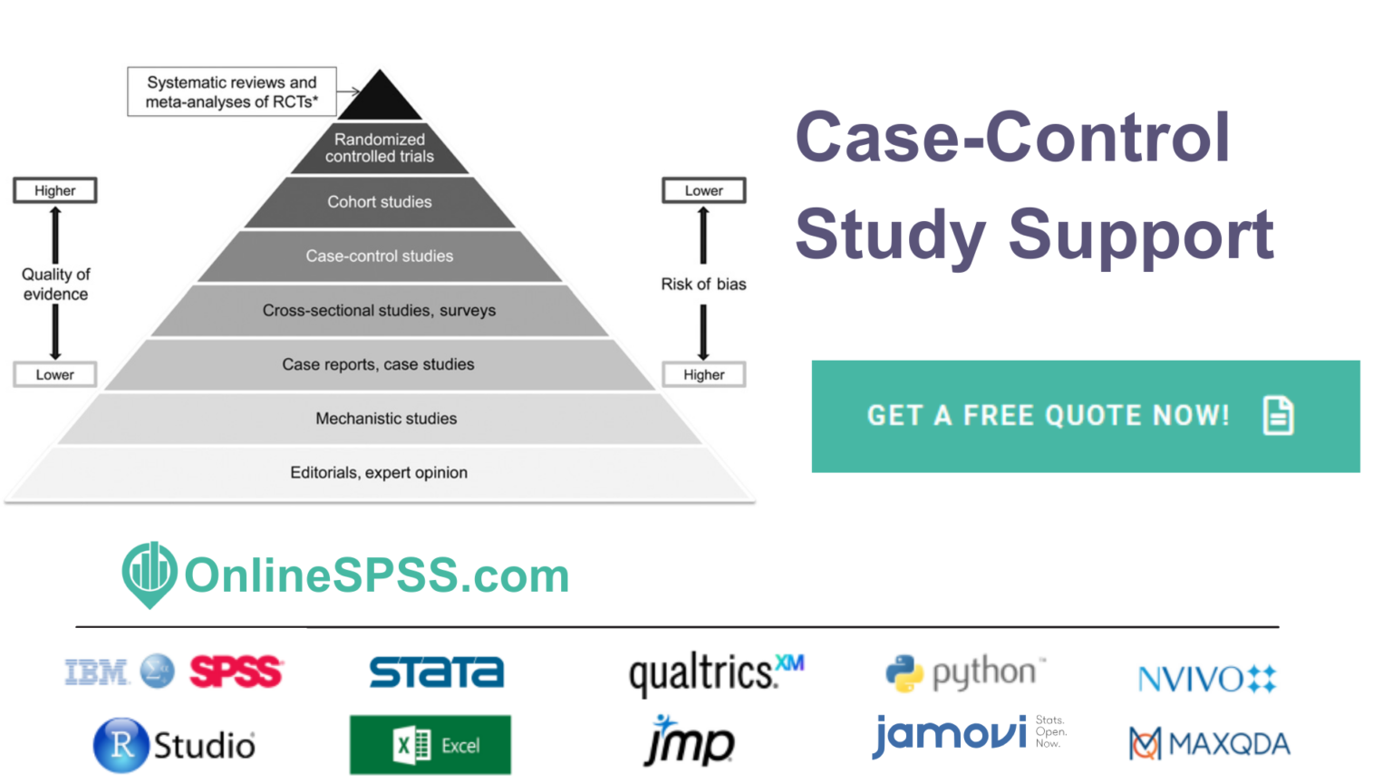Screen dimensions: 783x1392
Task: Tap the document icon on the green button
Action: pos(1278,416)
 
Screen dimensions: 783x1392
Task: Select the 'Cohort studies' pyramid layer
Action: pos(379,202)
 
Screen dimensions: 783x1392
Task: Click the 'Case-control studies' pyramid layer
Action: pos(379,256)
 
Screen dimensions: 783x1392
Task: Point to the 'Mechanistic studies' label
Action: pos(386,419)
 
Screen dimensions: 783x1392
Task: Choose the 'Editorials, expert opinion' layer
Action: pos(379,473)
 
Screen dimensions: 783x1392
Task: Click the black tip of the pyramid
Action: pos(381,98)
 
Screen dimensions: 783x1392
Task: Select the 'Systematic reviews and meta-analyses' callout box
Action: pos(232,92)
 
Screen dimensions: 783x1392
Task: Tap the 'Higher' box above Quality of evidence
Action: pos(55,190)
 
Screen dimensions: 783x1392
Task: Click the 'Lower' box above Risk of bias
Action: pos(703,190)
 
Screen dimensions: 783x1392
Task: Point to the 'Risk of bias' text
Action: pos(703,285)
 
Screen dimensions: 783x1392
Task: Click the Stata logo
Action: pos(436,672)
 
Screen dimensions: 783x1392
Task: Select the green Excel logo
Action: pos(430,745)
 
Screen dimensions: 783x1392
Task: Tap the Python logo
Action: pos(963,672)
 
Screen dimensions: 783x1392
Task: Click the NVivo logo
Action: pos(1206,678)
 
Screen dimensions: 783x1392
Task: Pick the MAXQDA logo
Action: pos(1209,744)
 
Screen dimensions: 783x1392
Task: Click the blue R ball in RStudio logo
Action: pos(121,745)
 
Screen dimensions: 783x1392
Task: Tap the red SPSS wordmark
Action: pos(236,672)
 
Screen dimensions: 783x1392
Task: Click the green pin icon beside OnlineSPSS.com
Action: pos(150,574)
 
